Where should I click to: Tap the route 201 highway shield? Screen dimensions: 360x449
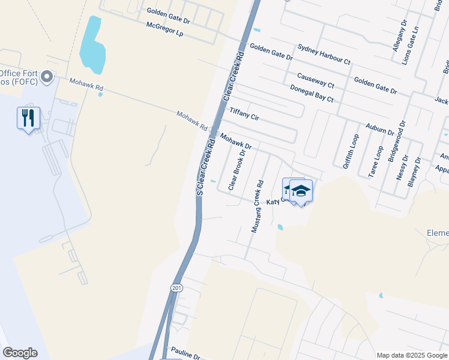tap(176, 288)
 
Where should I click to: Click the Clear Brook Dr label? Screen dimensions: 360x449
tap(237, 170)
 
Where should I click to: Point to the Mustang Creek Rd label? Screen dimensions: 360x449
tap(257, 206)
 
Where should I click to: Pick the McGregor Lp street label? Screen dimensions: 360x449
tap(163, 30)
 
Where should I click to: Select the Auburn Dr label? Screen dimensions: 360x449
tap(380, 128)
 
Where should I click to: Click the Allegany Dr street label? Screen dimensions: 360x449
tap(399, 35)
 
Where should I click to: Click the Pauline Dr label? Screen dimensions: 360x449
tap(185, 352)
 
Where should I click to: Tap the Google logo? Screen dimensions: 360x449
tap(20, 353)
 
